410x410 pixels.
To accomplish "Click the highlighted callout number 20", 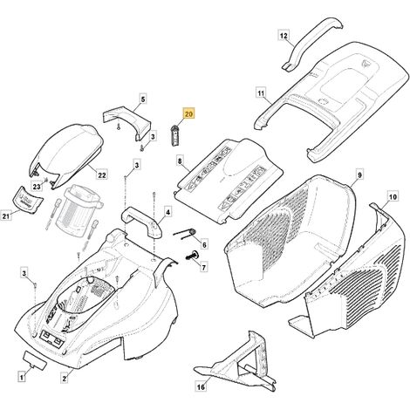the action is [188, 114].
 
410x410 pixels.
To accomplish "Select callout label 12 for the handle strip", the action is [284, 36].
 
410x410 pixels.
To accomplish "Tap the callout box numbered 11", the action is [261, 93].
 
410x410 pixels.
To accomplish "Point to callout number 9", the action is [359, 175].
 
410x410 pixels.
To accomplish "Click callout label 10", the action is [393, 197].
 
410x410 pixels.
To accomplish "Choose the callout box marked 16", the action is [201, 386].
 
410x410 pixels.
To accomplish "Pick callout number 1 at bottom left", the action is [21, 378].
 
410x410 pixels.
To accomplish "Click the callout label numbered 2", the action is [65, 379].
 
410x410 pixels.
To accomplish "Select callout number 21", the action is [6, 215].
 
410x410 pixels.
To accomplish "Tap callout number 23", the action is [37, 187].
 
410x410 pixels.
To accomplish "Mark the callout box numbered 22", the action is [102, 175].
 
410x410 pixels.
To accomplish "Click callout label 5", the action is [143, 99].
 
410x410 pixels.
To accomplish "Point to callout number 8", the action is [180, 161].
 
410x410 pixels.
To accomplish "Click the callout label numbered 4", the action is [167, 212].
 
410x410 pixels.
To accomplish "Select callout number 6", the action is [204, 245].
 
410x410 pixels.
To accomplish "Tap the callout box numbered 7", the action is [203, 267].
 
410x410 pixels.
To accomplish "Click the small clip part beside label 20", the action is [174, 135].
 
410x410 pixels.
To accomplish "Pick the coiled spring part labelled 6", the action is [185, 234].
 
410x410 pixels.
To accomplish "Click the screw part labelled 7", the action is [192, 256].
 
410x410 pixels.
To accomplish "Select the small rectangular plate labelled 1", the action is [34, 360].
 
